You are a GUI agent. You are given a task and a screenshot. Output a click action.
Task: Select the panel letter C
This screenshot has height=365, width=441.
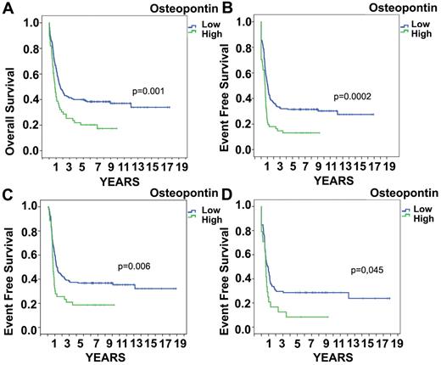point(6,194)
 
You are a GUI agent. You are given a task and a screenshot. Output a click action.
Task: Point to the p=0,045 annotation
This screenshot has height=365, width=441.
point(369,271)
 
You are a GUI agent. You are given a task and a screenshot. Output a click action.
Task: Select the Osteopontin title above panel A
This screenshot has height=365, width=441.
point(178,7)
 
